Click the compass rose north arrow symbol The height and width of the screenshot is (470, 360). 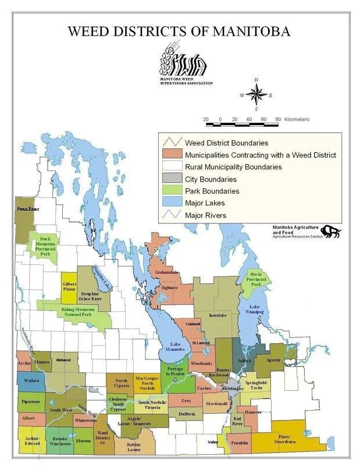(256, 94)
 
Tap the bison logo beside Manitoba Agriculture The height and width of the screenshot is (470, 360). (332, 231)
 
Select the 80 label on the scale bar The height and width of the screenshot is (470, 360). (278, 119)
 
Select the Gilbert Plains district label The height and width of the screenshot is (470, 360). (70, 286)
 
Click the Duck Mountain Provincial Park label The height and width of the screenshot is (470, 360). (44, 250)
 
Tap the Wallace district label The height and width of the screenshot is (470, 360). (30, 381)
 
